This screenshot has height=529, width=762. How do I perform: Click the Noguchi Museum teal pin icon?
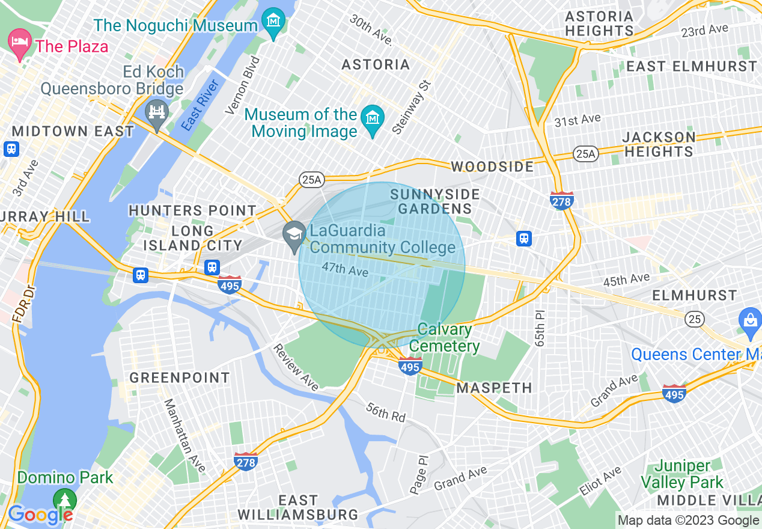(x=274, y=22)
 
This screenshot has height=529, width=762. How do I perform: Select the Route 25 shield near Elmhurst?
(x=695, y=318)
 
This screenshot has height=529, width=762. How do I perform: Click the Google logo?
(x=40, y=515)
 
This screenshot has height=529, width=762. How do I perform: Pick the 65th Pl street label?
(x=540, y=328)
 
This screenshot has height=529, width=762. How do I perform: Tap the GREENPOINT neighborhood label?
(x=180, y=378)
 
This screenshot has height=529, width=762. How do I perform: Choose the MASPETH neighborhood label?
(x=494, y=388)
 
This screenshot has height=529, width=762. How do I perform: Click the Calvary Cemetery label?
(x=444, y=337)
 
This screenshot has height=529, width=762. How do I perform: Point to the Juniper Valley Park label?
(x=682, y=474)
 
